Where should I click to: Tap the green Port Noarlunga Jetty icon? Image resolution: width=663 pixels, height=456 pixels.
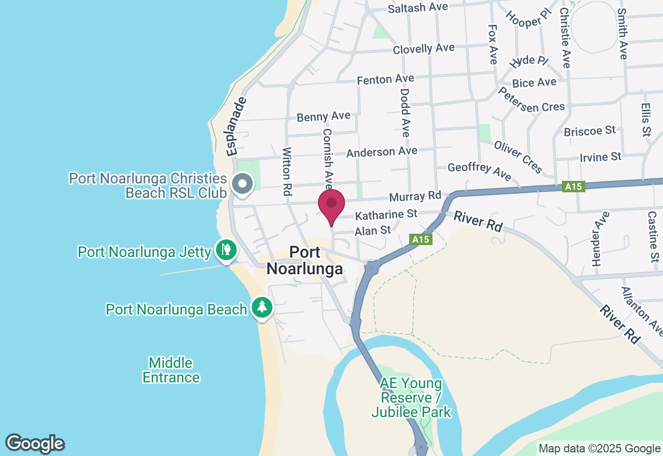(x=226, y=250)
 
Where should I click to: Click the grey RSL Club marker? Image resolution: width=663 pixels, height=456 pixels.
(x=242, y=183)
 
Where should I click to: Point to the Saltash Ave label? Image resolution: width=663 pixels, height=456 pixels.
(x=417, y=8)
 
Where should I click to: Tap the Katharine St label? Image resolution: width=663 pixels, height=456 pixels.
(x=386, y=213)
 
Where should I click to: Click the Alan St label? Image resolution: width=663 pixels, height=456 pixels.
(x=372, y=231)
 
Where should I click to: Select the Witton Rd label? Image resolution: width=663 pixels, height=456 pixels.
(x=287, y=170)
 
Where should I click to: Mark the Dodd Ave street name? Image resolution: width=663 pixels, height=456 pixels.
(x=405, y=112)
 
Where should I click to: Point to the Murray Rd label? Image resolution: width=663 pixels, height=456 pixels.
(x=414, y=196)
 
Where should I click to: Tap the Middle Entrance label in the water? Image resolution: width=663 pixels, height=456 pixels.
(x=171, y=370)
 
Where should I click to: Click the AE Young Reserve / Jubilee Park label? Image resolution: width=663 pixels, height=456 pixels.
(x=411, y=398)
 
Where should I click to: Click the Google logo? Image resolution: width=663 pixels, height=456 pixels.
(x=35, y=444)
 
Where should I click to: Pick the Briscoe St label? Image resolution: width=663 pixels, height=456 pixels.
(x=589, y=130)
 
